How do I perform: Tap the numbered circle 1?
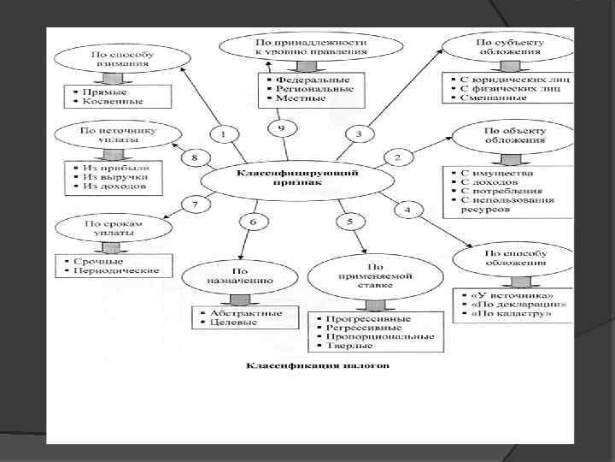coord(223,135)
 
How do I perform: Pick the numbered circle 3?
coord(360,133)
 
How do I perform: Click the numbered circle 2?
coord(397,157)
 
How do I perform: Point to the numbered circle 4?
coord(407,210)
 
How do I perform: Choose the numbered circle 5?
coord(350,222)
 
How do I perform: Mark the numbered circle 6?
coord(253,222)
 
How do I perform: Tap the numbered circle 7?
coord(195,205)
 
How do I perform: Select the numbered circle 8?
coord(194,157)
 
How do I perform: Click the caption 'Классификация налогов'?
coord(318,366)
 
